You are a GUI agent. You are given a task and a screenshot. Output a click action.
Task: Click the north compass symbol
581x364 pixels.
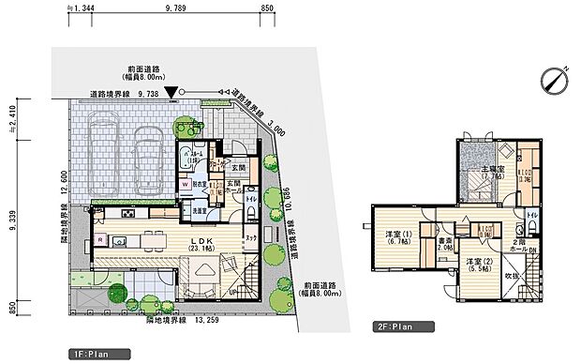click(554, 78)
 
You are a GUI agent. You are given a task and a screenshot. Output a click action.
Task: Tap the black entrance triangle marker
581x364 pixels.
click(171, 93)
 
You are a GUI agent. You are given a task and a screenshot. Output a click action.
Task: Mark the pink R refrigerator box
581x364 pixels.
click(99, 240)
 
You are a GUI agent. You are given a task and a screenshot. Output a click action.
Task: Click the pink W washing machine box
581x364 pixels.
click(186, 185)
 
